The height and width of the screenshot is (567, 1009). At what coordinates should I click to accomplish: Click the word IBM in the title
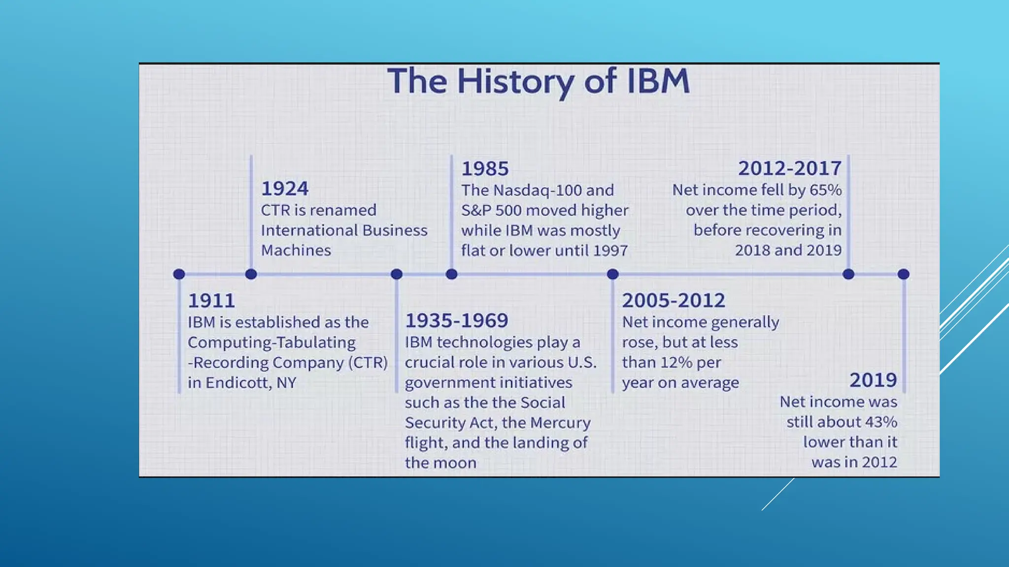pos(658,81)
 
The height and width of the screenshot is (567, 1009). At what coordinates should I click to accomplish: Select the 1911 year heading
pos(211,301)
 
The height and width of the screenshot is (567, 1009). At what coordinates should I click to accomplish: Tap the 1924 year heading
pos(285,189)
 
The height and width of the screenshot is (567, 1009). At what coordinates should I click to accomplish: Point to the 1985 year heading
pos(485,169)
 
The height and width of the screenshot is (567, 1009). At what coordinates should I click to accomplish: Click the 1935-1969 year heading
pos(456,321)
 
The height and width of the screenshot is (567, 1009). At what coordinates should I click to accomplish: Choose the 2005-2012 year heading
pos(673,301)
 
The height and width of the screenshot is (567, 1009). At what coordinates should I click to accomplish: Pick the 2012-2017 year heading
pos(790,169)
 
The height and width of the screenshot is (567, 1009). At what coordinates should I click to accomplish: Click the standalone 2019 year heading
pos(873,380)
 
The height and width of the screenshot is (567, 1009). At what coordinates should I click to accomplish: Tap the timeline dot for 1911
pos(179,274)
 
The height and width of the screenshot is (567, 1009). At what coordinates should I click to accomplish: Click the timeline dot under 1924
pos(251,274)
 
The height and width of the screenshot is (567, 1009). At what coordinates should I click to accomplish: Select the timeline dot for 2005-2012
pos(612,274)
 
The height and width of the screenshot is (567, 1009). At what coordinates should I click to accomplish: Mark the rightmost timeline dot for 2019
pos(903,274)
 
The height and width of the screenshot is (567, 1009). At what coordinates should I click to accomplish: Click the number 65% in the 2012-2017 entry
pos(826,190)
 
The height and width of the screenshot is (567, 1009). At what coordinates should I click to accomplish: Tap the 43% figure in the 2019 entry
pos(881,422)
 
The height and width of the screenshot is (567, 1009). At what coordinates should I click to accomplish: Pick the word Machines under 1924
pos(296,251)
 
